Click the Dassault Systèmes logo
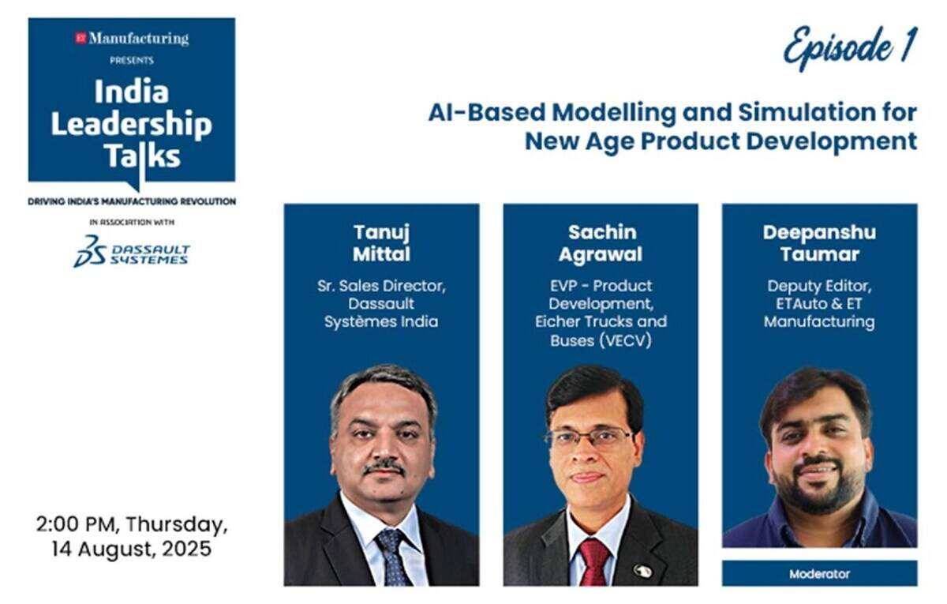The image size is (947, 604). point(132,252)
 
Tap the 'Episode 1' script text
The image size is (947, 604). point(850,48)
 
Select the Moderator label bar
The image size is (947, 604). point(819,573)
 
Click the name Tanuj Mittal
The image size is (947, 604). point(381,243)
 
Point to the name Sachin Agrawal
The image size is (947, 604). point(601,243)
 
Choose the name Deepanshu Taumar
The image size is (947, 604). point(819,243)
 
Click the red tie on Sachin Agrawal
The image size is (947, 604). point(594,561)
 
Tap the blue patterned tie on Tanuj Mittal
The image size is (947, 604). point(391,557)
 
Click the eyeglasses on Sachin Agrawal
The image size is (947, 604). point(590,437)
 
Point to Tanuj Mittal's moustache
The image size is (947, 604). point(384,466)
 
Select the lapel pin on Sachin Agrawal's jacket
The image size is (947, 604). point(642,571)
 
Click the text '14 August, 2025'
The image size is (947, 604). point(132,549)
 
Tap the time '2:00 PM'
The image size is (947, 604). point(75,524)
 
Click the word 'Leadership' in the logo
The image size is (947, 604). point(132,124)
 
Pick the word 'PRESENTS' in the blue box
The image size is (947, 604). point(132,61)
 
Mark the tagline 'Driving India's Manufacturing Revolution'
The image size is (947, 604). point(132,201)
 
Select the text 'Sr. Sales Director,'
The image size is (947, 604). point(381,286)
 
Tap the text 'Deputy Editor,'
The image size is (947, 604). point(819,287)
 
